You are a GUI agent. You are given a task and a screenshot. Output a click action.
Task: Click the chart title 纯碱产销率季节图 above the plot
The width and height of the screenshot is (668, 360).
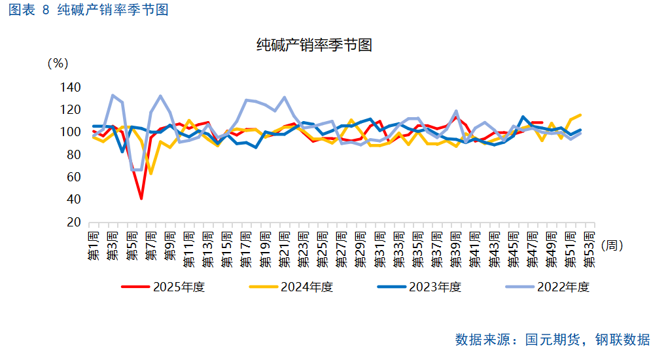coord(314,45)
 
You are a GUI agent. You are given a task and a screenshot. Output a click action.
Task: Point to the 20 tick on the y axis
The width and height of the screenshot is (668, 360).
coord(74,223)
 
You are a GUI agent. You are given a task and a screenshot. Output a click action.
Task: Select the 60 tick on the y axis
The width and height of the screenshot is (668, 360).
coord(74,177)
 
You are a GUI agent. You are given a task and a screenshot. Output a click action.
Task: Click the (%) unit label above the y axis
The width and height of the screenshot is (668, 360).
coord(58,63)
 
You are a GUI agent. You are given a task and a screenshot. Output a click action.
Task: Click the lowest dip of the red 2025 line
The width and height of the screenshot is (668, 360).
coord(141,198)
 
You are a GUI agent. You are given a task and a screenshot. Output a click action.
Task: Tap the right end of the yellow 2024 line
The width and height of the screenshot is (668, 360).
coord(580,115)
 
